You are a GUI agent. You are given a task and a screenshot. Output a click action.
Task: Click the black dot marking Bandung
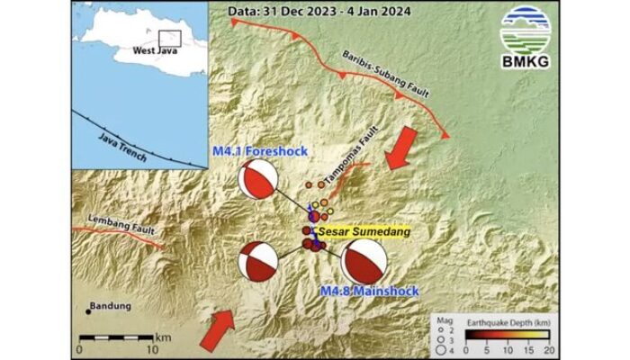click(87, 311)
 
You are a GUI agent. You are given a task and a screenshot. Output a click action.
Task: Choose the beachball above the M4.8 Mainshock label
click(364, 264)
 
